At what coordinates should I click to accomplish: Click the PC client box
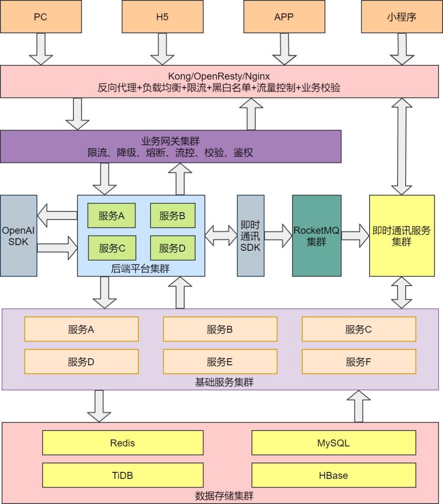pos(41,17)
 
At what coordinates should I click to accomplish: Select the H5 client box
pos(162,17)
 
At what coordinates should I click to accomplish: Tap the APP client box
pos(284,17)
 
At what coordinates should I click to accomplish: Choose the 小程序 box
pos(401,17)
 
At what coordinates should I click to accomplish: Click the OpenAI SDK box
pos(18,236)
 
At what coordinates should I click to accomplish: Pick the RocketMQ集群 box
pos(316,236)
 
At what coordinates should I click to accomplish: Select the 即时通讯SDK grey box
pos(250,236)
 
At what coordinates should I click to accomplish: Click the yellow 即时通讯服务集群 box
pos(402,236)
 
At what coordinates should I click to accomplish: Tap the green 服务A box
pos(111,216)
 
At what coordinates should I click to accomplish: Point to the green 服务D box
pos(172,248)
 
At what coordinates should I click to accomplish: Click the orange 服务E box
pos(220,362)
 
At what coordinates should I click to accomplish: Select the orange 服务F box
pos(359,362)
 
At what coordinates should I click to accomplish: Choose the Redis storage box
pos(123,443)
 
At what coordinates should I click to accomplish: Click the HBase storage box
pos(333,475)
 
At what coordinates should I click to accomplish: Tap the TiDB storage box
pos(123,475)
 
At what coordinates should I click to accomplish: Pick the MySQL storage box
pos(333,443)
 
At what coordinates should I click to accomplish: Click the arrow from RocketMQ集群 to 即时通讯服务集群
pos(355,236)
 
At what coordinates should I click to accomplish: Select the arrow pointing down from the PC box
pos(41,49)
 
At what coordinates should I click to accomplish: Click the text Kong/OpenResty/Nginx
pos(219,76)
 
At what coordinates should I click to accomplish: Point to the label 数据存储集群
pos(224,496)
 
